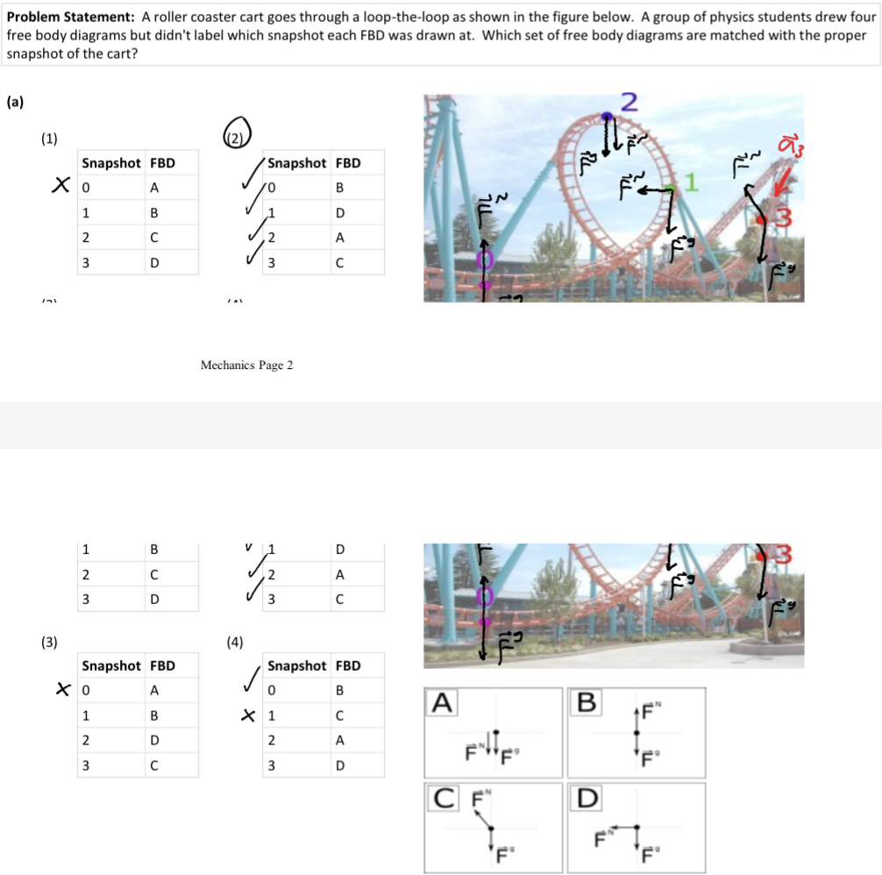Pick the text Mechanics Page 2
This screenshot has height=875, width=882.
pyautogui.click(x=246, y=365)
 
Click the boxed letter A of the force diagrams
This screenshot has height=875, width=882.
pyautogui.click(x=443, y=701)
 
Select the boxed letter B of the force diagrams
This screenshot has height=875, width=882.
pyautogui.click(x=586, y=701)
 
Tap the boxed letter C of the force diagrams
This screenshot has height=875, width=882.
pyautogui.click(x=443, y=799)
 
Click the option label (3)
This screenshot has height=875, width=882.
pyautogui.click(x=50, y=641)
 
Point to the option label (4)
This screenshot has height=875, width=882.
pyautogui.click(x=235, y=641)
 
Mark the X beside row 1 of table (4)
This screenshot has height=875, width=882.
pyautogui.click(x=251, y=715)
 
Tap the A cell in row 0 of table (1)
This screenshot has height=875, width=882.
pyautogui.click(x=154, y=188)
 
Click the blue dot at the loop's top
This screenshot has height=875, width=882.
pyautogui.click(x=606, y=116)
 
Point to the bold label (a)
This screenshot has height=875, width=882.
pyautogui.click(x=15, y=101)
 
